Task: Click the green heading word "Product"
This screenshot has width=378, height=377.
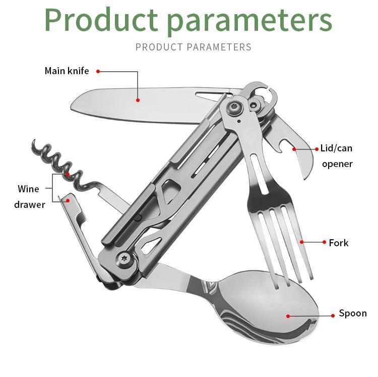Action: pos(101,20)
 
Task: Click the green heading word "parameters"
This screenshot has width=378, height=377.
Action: pos(250,22)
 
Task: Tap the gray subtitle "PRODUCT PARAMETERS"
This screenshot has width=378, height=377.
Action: pos(194,47)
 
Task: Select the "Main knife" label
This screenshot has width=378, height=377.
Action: pos(67,71)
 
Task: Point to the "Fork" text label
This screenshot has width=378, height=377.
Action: pos(339,243)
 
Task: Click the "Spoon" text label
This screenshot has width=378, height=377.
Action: pos(353,313)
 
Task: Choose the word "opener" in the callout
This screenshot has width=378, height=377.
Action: pos(337,164)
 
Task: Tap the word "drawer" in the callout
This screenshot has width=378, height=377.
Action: pos(30,205)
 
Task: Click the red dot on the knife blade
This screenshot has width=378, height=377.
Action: pos(138,100)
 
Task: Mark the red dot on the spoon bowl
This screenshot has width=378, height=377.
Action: pos(288,316)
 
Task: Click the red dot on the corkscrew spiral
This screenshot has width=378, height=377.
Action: pos(68,174)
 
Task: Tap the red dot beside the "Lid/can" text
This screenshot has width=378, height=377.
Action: pos(317,149)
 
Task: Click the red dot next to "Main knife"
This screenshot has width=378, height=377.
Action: pos(98,72)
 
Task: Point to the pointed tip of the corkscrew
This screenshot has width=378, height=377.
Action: pos(34,140)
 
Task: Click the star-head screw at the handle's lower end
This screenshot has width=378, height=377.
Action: pos(124,258)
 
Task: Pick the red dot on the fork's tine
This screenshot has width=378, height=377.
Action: pos(301,242)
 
